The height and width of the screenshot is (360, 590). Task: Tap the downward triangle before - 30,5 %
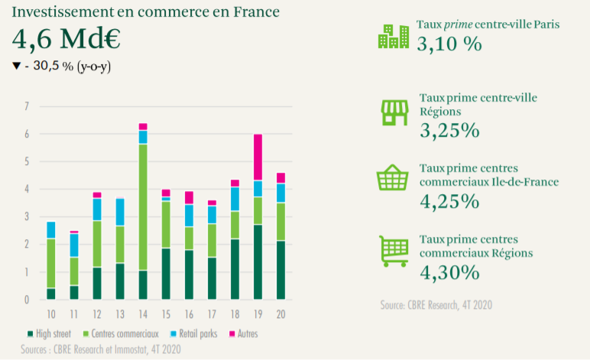[15, 66]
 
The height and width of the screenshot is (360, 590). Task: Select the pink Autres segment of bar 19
[258, 157]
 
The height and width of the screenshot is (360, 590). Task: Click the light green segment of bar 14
[143, 207]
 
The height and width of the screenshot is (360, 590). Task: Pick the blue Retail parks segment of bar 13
[120, 212]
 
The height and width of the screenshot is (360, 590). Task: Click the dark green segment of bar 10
[51, 294]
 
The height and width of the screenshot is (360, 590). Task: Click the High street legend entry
[49, 334]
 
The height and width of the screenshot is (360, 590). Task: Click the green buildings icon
[393, 37]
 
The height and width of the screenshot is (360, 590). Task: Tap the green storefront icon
[395, 112]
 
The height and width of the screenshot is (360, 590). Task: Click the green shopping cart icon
[394, 250]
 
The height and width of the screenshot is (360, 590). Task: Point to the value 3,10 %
[449, 44]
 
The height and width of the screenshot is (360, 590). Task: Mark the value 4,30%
[449, 271]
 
